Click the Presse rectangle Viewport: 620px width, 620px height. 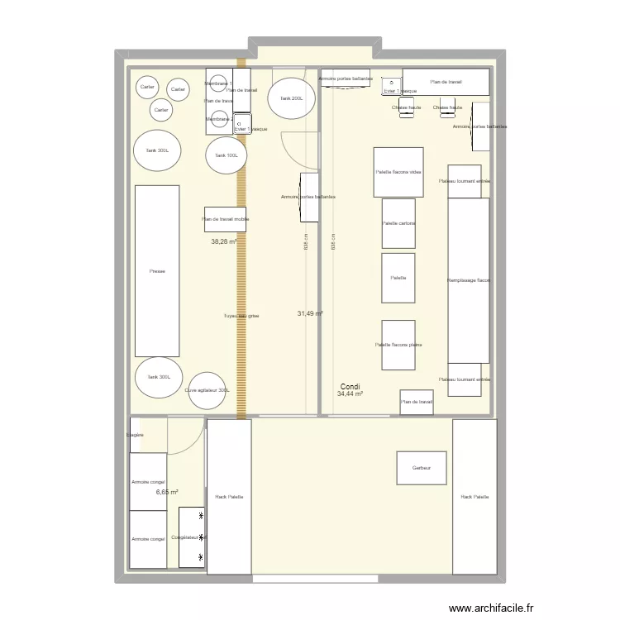[x=157, y=271]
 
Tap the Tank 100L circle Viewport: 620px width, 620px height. [x=226, y=155]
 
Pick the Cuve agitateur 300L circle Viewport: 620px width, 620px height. [x=207, y=390]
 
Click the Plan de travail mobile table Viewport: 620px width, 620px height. [x=225, y=219]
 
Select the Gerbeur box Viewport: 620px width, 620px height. [x=421, y=468]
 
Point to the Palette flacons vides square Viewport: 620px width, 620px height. [x=398, y=172]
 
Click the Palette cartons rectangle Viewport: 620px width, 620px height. [x=398, y=223]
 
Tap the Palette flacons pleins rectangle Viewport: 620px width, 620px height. [x=398, y=345]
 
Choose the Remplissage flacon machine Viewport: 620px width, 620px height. [x=469, y=280]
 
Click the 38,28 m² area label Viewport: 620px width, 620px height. [x=223, y=242]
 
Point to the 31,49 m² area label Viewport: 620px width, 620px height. [x=309, y=313]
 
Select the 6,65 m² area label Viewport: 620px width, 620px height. [x=167, y=492]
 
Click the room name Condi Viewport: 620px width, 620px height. [x=350, y=386]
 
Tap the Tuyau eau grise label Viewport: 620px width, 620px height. [x=241, y=316]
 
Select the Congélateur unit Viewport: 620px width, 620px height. [x=191, y=537]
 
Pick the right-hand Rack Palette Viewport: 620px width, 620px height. [x=475, y=497]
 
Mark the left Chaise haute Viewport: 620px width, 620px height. [x=406, y=109]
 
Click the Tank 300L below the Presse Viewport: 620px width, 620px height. [x=158, y=377]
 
